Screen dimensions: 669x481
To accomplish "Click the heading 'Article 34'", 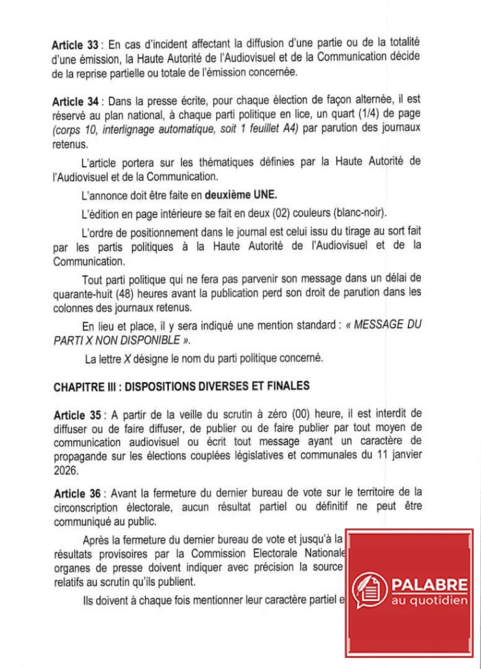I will coord(74,102).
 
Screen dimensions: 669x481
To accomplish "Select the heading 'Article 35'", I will coord(74,415).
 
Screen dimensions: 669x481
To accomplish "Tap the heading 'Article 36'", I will coord(74,491).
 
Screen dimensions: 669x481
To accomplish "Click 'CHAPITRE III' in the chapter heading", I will coord(83,386).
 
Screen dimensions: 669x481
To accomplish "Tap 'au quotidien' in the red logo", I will coord(429,600).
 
